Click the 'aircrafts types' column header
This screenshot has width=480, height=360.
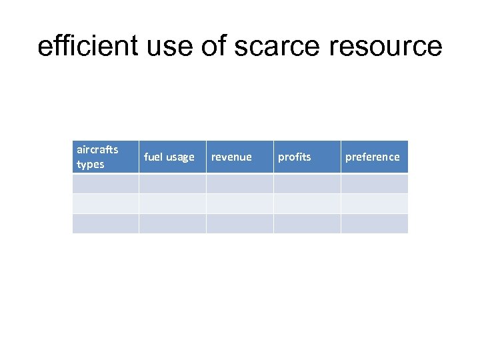(x=97, y=157)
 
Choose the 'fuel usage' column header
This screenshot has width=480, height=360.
(x=169, y=157)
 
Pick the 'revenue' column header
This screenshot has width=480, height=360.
(x=231, y=157)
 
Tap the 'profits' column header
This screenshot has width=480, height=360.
(x=294, y=157)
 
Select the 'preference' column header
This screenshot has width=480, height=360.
(x=372, y=157)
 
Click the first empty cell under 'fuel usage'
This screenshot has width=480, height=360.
(x=172, y=183)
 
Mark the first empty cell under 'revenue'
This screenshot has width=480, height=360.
(x=239, y=183)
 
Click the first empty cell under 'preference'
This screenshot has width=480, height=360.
(x=374, y=183)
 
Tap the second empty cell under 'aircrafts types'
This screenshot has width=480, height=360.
(x=105, y=203)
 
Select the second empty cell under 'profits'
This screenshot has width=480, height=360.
(x=307, y=203)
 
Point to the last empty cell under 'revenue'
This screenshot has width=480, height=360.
(x=239, y=223)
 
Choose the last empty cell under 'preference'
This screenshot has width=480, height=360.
(x=374, y=223)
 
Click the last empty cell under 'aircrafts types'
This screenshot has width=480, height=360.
(x=105, y=223)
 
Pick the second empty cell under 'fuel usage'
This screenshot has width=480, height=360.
(x=172, y=203)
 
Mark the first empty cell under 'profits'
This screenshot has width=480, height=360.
(x=307, y=183)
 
